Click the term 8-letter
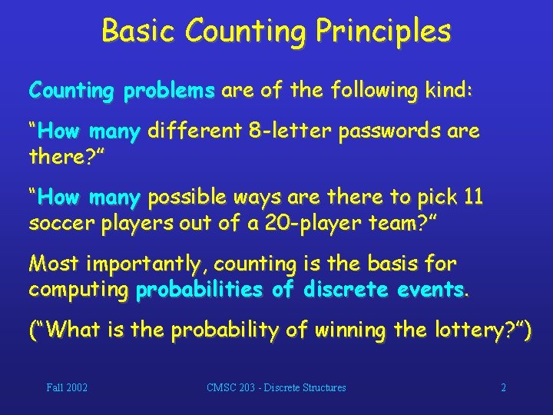[293, 131]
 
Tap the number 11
[474, 198]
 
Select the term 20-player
[276, 224]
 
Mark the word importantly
[145, 264]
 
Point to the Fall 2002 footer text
[67, 388]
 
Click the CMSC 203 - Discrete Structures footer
[276, 388]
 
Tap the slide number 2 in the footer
[504, 388]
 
